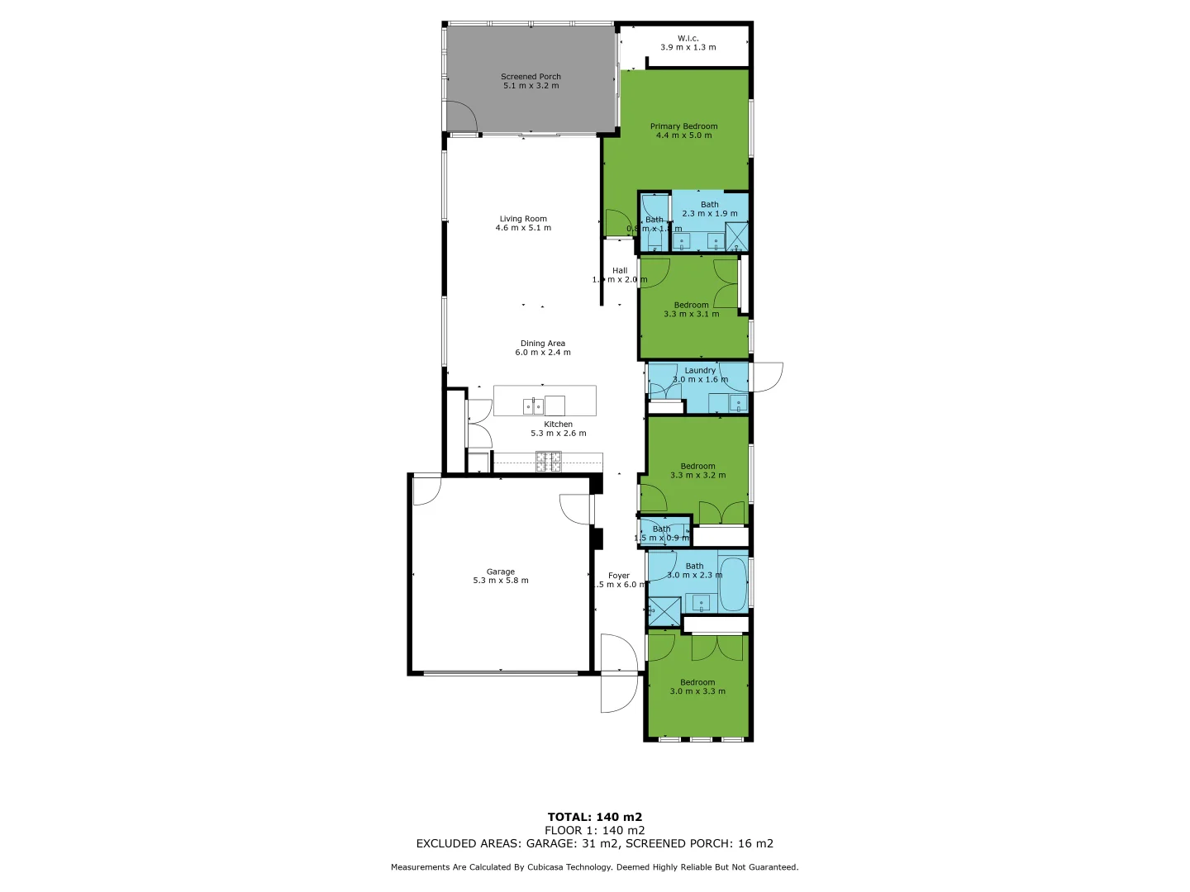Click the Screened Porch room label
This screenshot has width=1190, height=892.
click(531, 77)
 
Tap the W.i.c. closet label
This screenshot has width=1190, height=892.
click(688, 38)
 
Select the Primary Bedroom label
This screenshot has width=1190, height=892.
click(683, 126)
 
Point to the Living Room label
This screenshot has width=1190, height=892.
click(523, 219)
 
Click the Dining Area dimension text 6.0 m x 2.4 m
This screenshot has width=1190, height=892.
click(543, 353)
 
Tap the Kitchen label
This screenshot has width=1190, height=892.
click(558, 425)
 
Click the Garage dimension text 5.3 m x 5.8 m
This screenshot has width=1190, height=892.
click(501, 581)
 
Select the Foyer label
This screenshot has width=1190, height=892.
click(619, 576)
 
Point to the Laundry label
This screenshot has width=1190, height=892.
click(700, 370)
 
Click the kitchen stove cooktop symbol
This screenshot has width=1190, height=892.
click(548, 462)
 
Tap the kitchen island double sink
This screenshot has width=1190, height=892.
click(533, 406)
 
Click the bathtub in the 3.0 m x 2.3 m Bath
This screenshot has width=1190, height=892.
click(732, 584)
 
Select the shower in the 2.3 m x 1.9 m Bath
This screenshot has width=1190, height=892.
click(736, 236)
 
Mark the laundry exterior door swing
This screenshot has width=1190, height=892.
click(767, 377)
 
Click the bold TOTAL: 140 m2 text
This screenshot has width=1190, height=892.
click(594, 817)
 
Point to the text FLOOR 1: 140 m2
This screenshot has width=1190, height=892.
click(594, 830)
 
